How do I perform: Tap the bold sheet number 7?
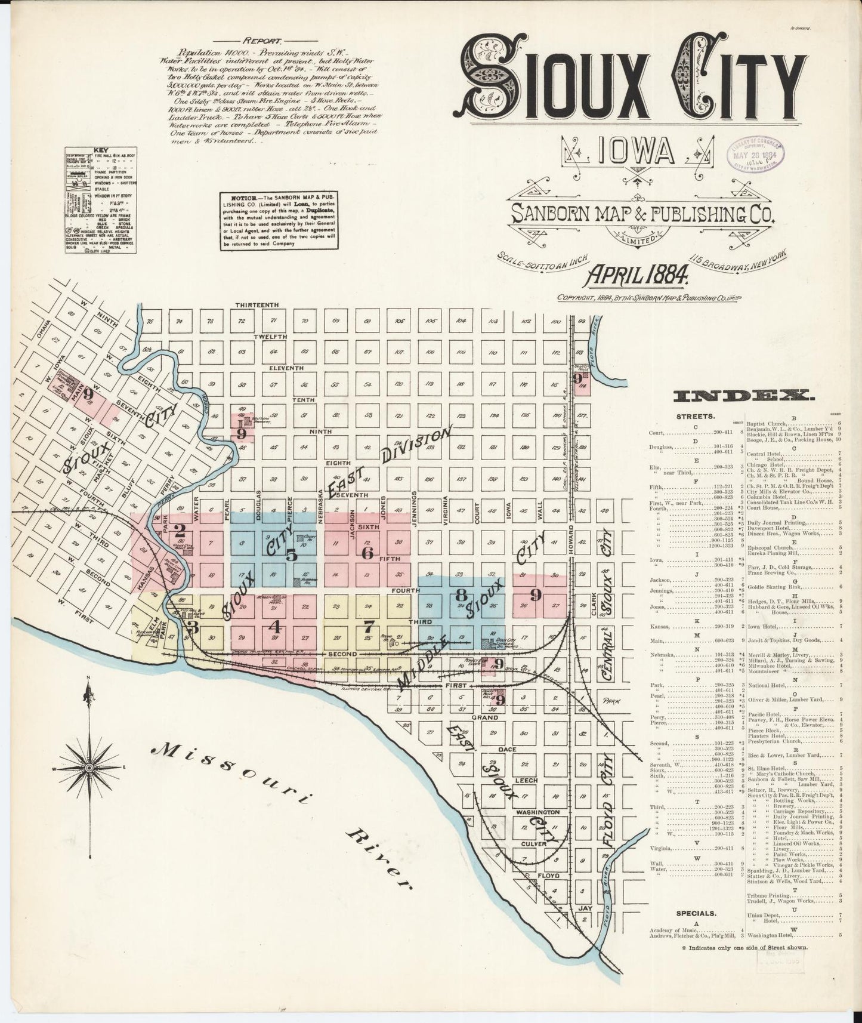click(369, 627)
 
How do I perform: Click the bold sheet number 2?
click(179, 529)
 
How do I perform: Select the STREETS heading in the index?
click(696, 416)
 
